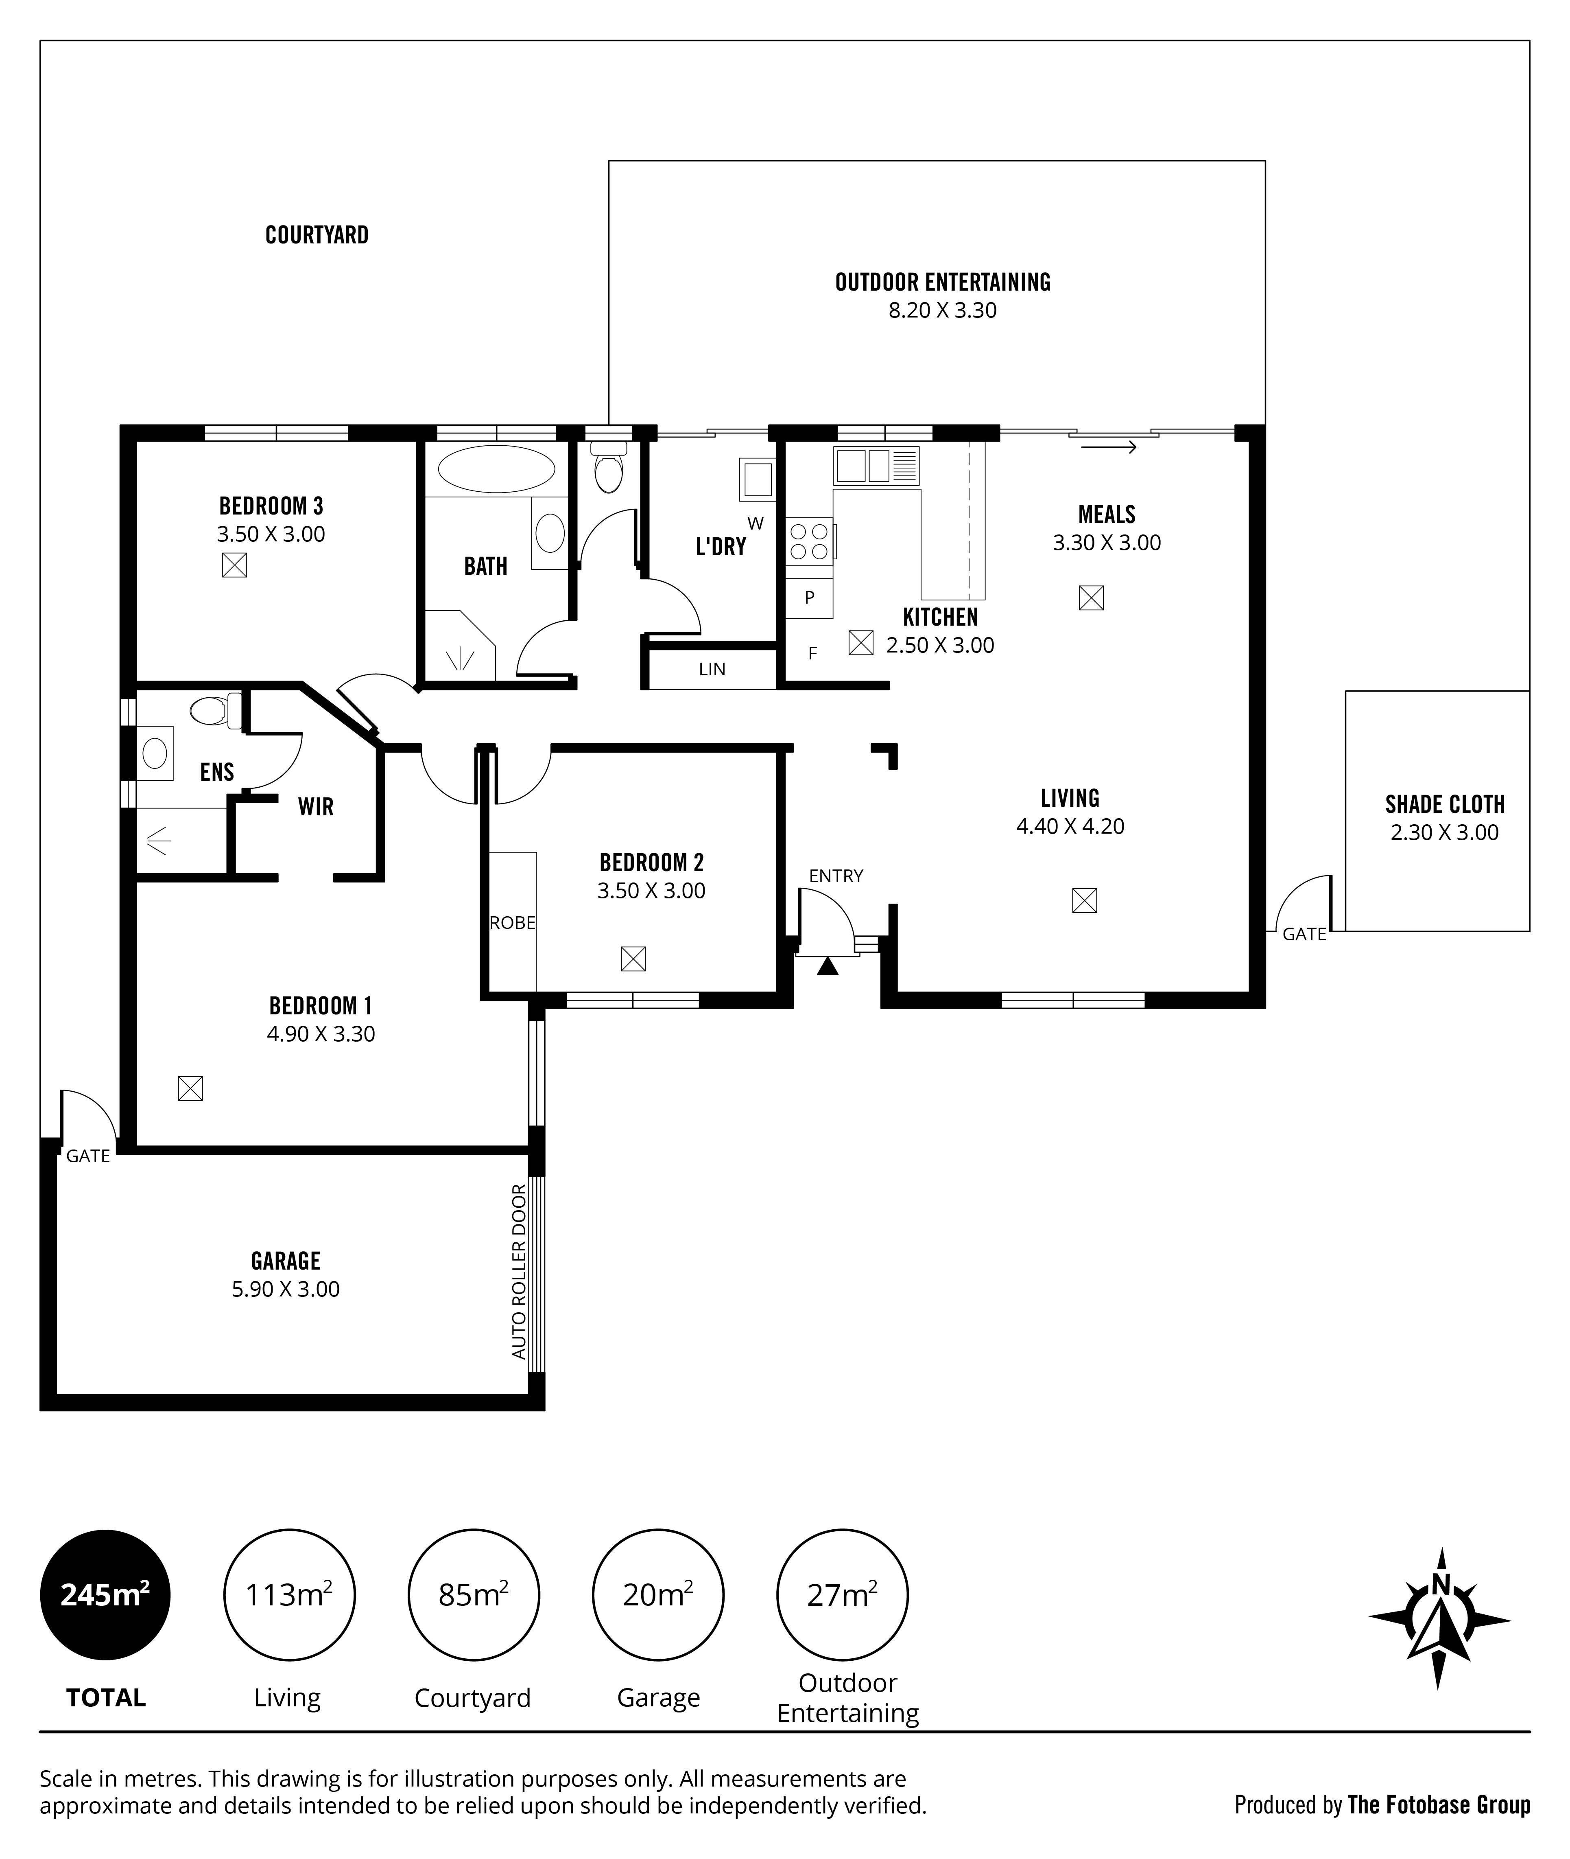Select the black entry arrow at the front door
[828, 966]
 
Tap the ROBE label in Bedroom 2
[513, 923]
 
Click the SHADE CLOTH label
[1445, 805]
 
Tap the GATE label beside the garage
[88, 1156]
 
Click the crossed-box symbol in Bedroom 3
[234, 565]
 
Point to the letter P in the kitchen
[809, 598]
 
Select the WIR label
[316, 807]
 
